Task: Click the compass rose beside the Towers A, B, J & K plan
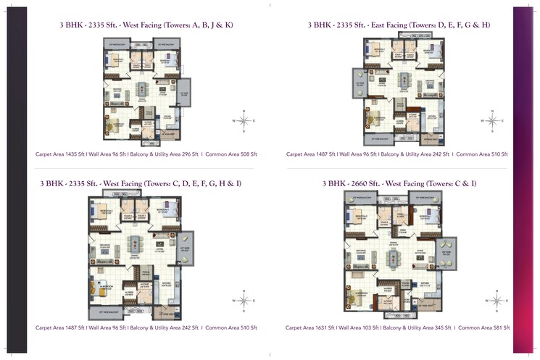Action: (x=244, y=121)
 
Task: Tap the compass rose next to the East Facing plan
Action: (x=491, y=121)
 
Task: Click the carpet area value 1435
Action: (x=74, y=154)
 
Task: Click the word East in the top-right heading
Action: (x=378, y=25)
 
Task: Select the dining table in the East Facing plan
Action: (x=402, y=78)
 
